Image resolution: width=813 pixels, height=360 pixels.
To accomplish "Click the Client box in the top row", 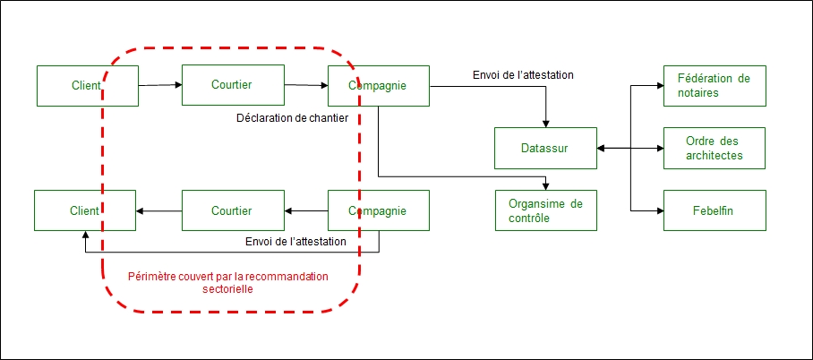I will pos(87,86).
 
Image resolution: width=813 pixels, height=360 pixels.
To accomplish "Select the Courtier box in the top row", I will pos(232,85).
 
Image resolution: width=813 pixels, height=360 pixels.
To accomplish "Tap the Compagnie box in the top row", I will pos(377,86).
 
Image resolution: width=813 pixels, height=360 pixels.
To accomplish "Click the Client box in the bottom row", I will pos(85,211).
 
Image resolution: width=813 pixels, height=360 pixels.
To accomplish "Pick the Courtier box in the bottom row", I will pos(232,211).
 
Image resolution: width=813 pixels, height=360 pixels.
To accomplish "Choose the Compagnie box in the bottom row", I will pos(377,211).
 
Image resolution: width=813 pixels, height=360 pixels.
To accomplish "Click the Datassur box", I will pos(545,148).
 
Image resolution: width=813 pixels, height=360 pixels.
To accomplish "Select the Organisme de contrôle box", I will pos(545,210).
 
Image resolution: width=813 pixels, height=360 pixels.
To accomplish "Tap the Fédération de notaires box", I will pos(714,85).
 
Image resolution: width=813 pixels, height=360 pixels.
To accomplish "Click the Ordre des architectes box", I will pos(714,148).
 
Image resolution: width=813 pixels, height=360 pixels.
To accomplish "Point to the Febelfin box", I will pos(714,210).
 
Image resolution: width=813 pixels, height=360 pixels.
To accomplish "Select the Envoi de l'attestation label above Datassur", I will pos(524,74).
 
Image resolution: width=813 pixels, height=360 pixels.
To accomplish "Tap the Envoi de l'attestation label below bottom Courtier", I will pos(296,242).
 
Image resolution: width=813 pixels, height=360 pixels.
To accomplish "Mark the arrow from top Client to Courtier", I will pos(160,86).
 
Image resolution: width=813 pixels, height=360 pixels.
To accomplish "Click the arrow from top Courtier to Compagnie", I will pos(306,86).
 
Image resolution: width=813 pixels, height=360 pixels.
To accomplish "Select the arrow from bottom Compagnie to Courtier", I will pos(306,211).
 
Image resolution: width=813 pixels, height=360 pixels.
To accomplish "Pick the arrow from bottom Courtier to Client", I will pos(159,211).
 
